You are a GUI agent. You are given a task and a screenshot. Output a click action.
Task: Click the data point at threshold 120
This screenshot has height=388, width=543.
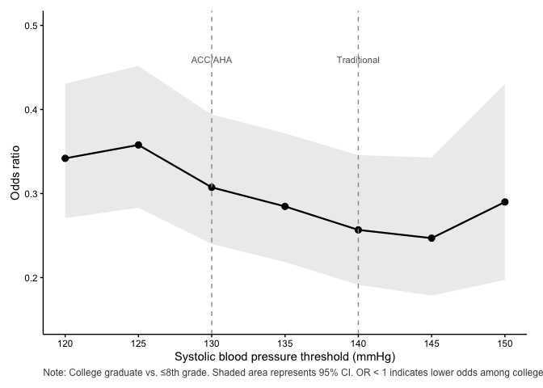tap(65, 158)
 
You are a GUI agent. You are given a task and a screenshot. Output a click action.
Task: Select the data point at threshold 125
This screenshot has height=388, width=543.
tap(138, 145)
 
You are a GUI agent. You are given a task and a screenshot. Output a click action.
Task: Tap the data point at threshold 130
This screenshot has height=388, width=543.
tap(212, 187)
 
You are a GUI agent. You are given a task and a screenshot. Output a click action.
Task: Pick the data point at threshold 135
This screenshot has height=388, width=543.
tap(285, 206)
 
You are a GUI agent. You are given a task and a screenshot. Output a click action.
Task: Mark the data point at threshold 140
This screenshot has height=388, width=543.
tap(358, 230)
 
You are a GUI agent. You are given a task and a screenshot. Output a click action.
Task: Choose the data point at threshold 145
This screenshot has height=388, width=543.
tap(431, 238)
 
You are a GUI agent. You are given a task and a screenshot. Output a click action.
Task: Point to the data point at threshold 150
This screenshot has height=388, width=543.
tap(505, 201)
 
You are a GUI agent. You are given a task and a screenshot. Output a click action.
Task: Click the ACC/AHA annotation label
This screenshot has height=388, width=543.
tap(212, 60)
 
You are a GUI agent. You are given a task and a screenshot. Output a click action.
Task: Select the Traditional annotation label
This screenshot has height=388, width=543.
tap(358, 60)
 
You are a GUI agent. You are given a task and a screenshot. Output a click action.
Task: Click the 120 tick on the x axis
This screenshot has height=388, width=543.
tap(65, 343)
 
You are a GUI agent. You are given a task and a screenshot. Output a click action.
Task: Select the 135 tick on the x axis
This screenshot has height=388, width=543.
tap(285, 343)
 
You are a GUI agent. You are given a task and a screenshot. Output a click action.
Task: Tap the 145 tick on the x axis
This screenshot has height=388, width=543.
tap(431, 343)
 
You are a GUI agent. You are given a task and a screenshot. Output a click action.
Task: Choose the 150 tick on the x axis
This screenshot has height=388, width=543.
tap(505, 343)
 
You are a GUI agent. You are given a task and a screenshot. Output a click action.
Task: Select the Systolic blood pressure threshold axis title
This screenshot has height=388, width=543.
tap(284, 356)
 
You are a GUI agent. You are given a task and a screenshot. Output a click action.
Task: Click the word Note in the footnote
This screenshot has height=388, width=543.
tap(54, 373)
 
